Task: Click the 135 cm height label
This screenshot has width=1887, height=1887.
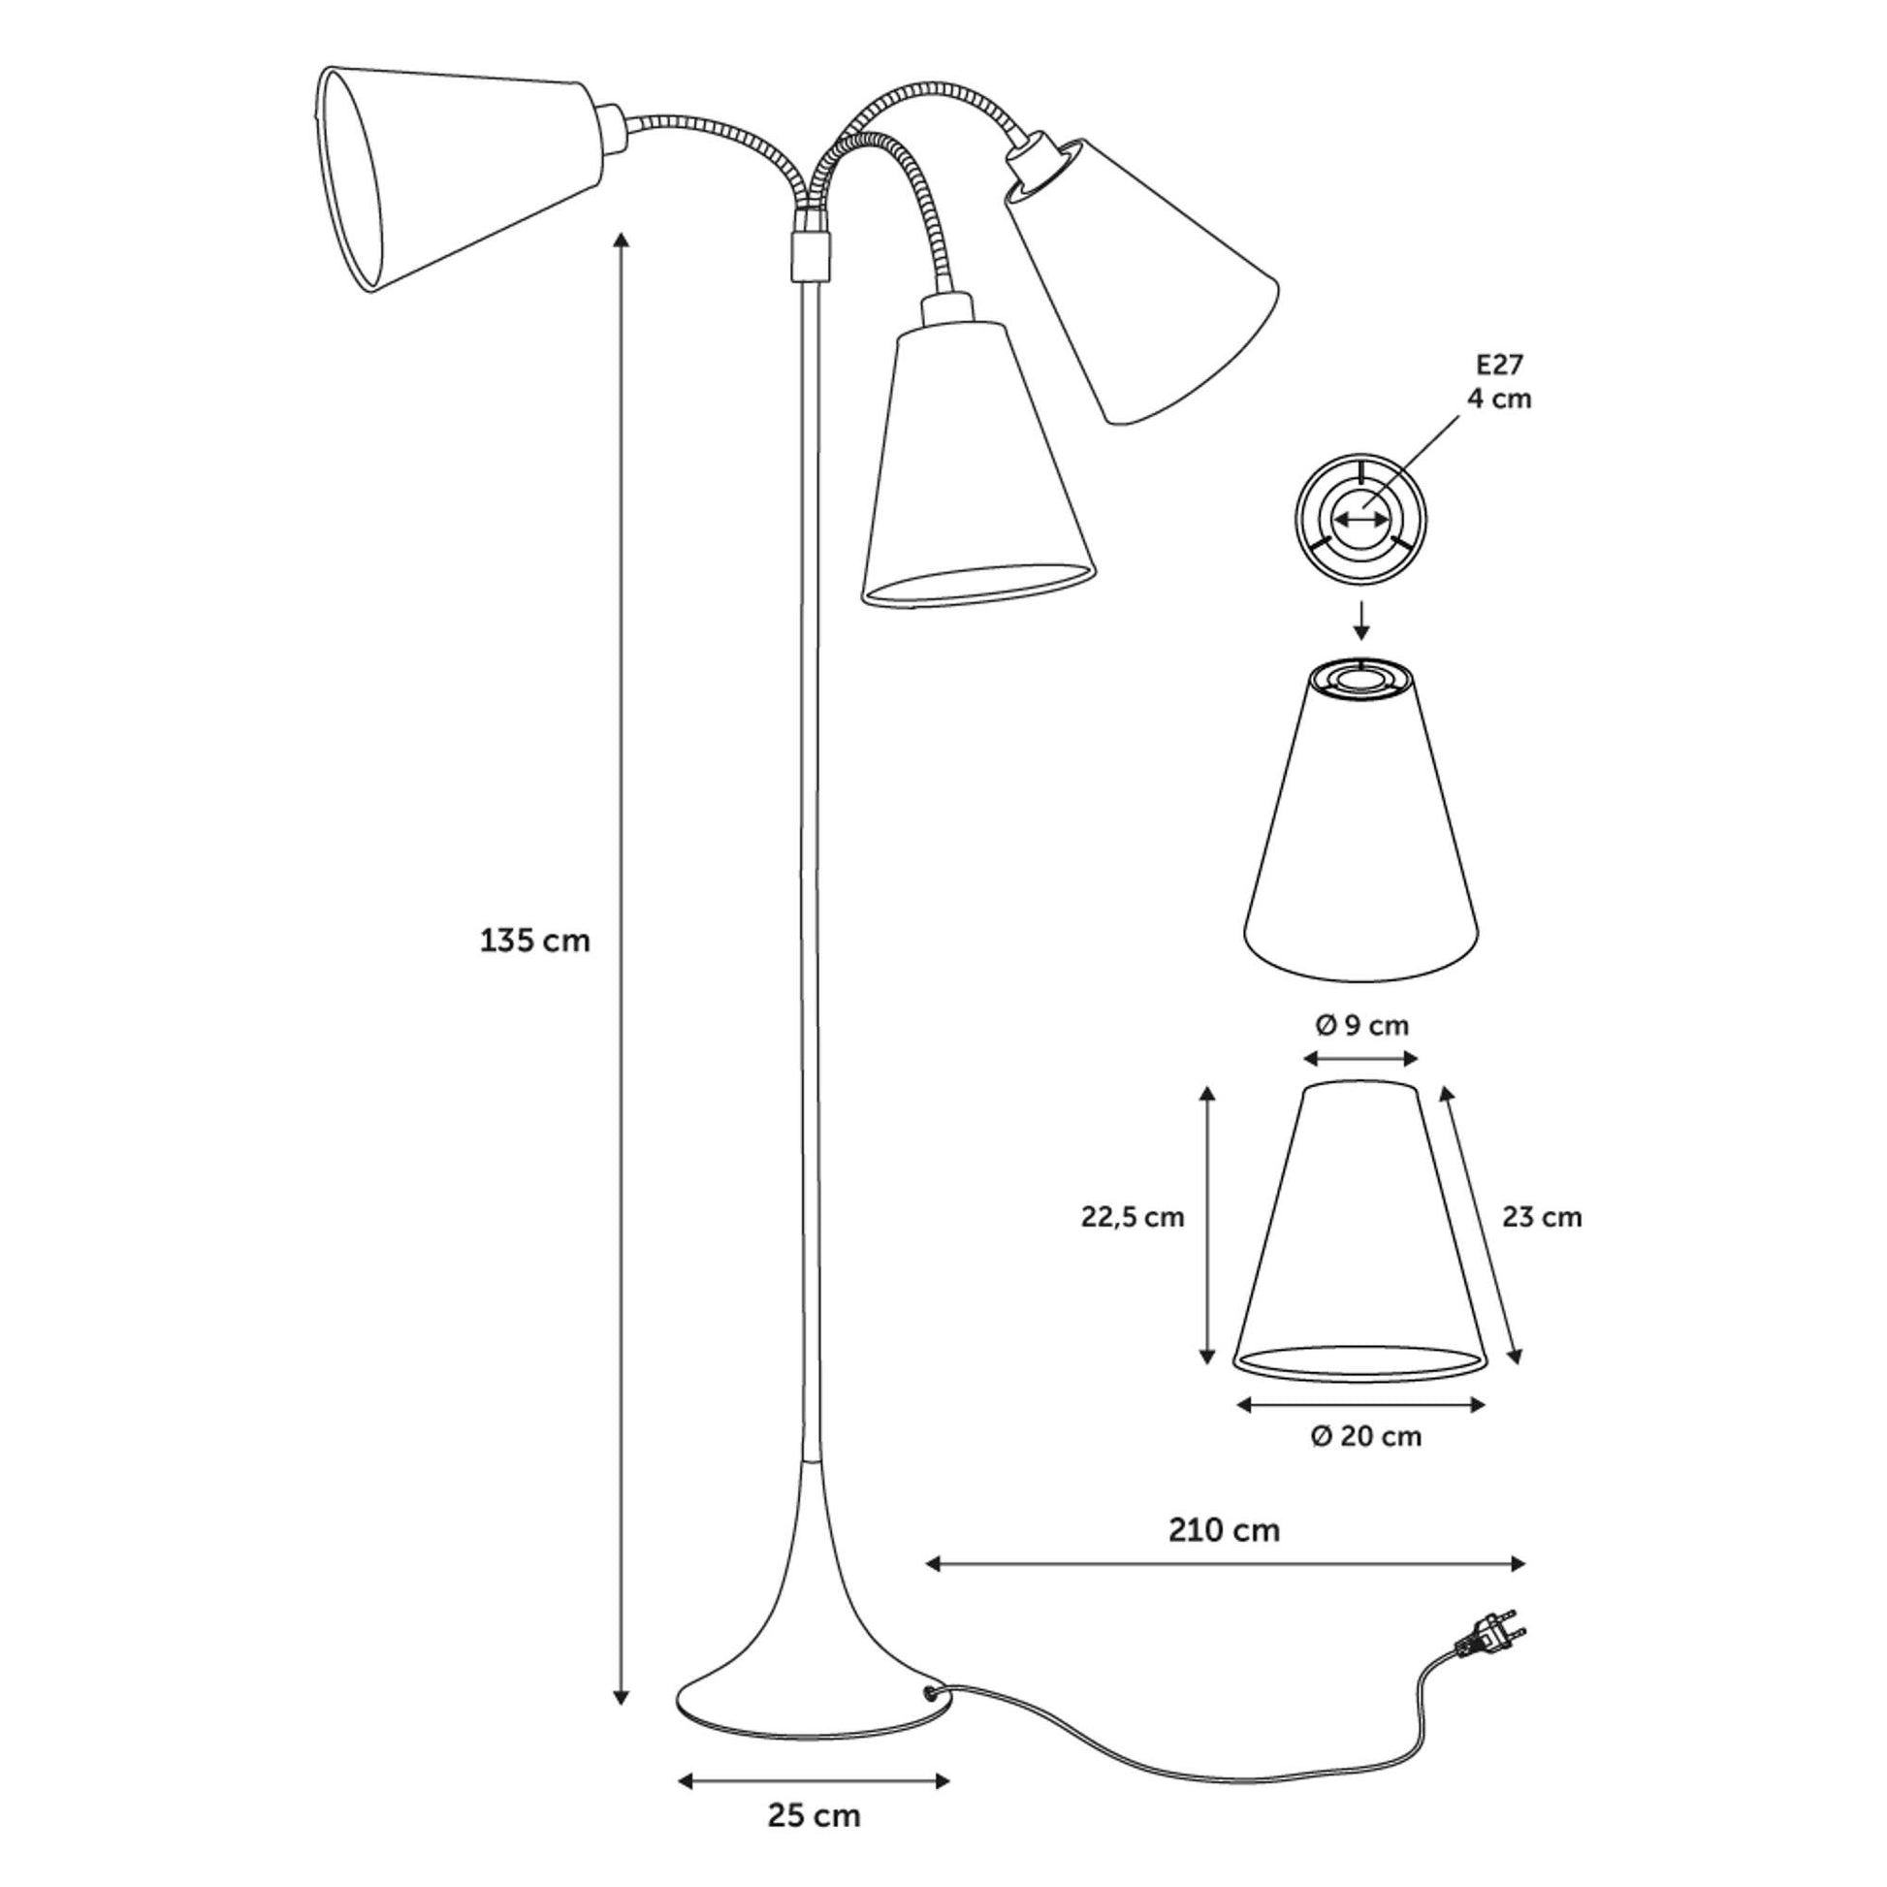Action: tap(534, 941)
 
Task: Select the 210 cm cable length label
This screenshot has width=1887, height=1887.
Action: tap(1224, 1529)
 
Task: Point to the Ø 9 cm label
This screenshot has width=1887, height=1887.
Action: tap(1361, 1026)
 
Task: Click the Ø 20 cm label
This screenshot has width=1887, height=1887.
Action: tap(1365, 1437)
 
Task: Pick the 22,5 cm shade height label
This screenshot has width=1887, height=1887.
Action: tap(1132, 1217)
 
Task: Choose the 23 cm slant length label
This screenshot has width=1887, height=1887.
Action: tap(1541, 1217)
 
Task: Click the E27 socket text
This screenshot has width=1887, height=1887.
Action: tap(1499, 365)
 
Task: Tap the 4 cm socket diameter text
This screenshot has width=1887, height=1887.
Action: tap(1499, 399)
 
